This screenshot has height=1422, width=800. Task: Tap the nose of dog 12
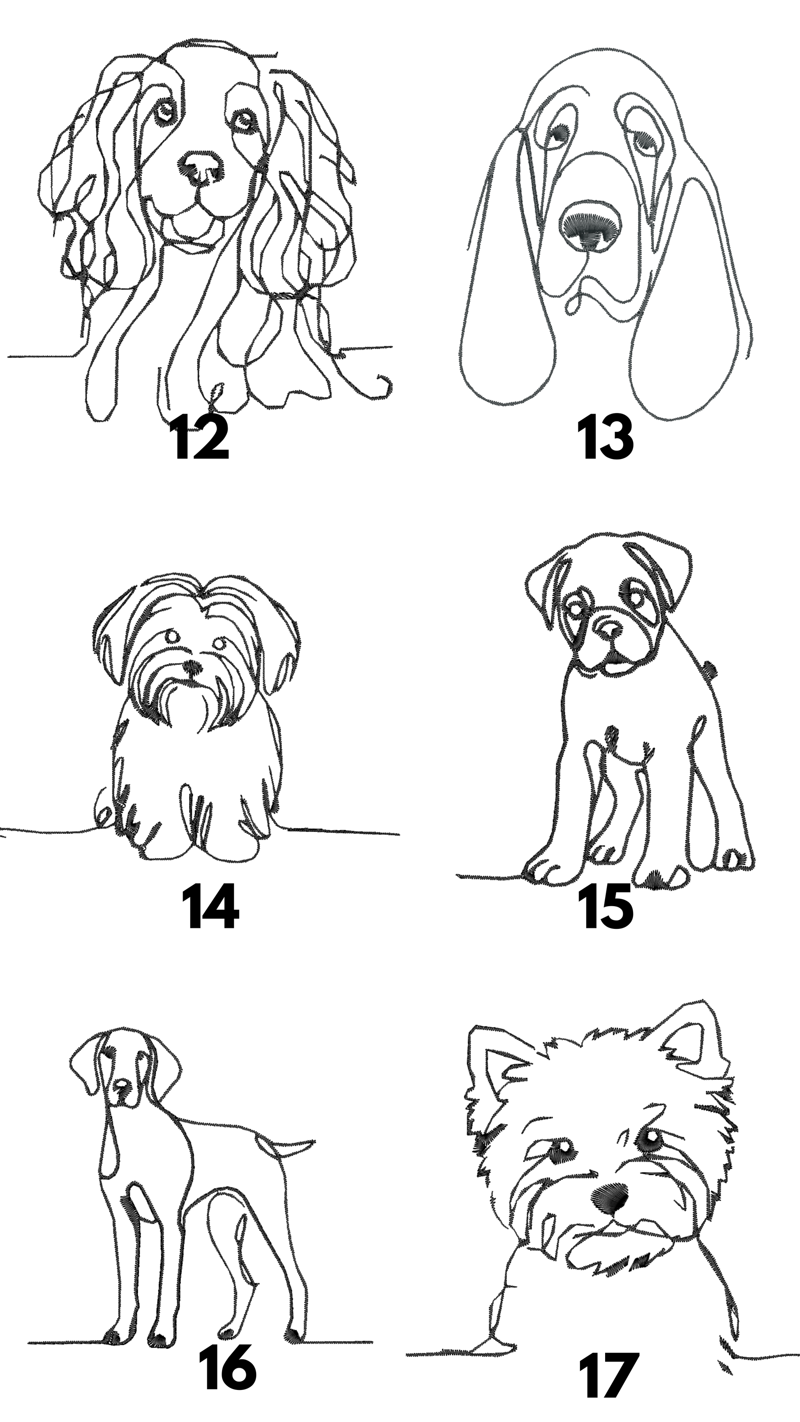coord(201,164)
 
